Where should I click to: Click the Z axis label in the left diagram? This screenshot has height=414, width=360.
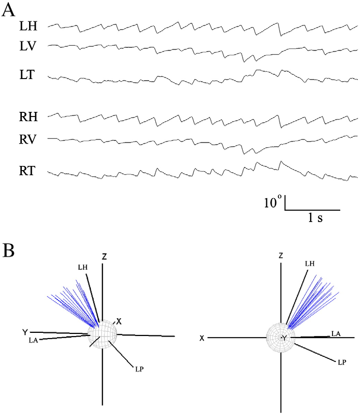point(104,256)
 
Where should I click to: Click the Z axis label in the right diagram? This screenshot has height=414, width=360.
point(281,256)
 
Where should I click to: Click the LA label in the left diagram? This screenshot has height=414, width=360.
point(34,340)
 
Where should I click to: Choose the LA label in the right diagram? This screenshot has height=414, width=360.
point(337,333)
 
